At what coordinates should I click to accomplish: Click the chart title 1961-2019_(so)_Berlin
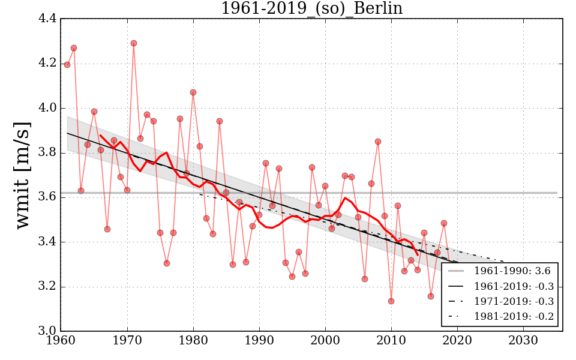click(x=311, y=8)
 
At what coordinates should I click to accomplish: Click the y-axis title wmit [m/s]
click(x=23, y=174)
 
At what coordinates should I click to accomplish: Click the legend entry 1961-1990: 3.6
click(x=514, y=271)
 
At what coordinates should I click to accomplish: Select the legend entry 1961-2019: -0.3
click(x=514, y=286)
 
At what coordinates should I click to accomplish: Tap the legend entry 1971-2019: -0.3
click(x=514, y=301)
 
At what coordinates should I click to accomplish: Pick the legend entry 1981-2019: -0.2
click(x=514, y=316)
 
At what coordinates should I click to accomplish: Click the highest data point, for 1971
click(x=134, y=43)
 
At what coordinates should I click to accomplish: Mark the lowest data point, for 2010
click(x=391, y=301)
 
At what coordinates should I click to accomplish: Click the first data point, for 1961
click(x=67, y=65)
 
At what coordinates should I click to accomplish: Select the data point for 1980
click(x=193, y=92)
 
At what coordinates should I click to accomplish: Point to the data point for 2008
click(x=378, y=142)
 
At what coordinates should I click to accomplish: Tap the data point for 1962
click(x=74, y=48)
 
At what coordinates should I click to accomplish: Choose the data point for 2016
click(x=431, y=296)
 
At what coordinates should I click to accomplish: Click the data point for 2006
click(x=365, y=279)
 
